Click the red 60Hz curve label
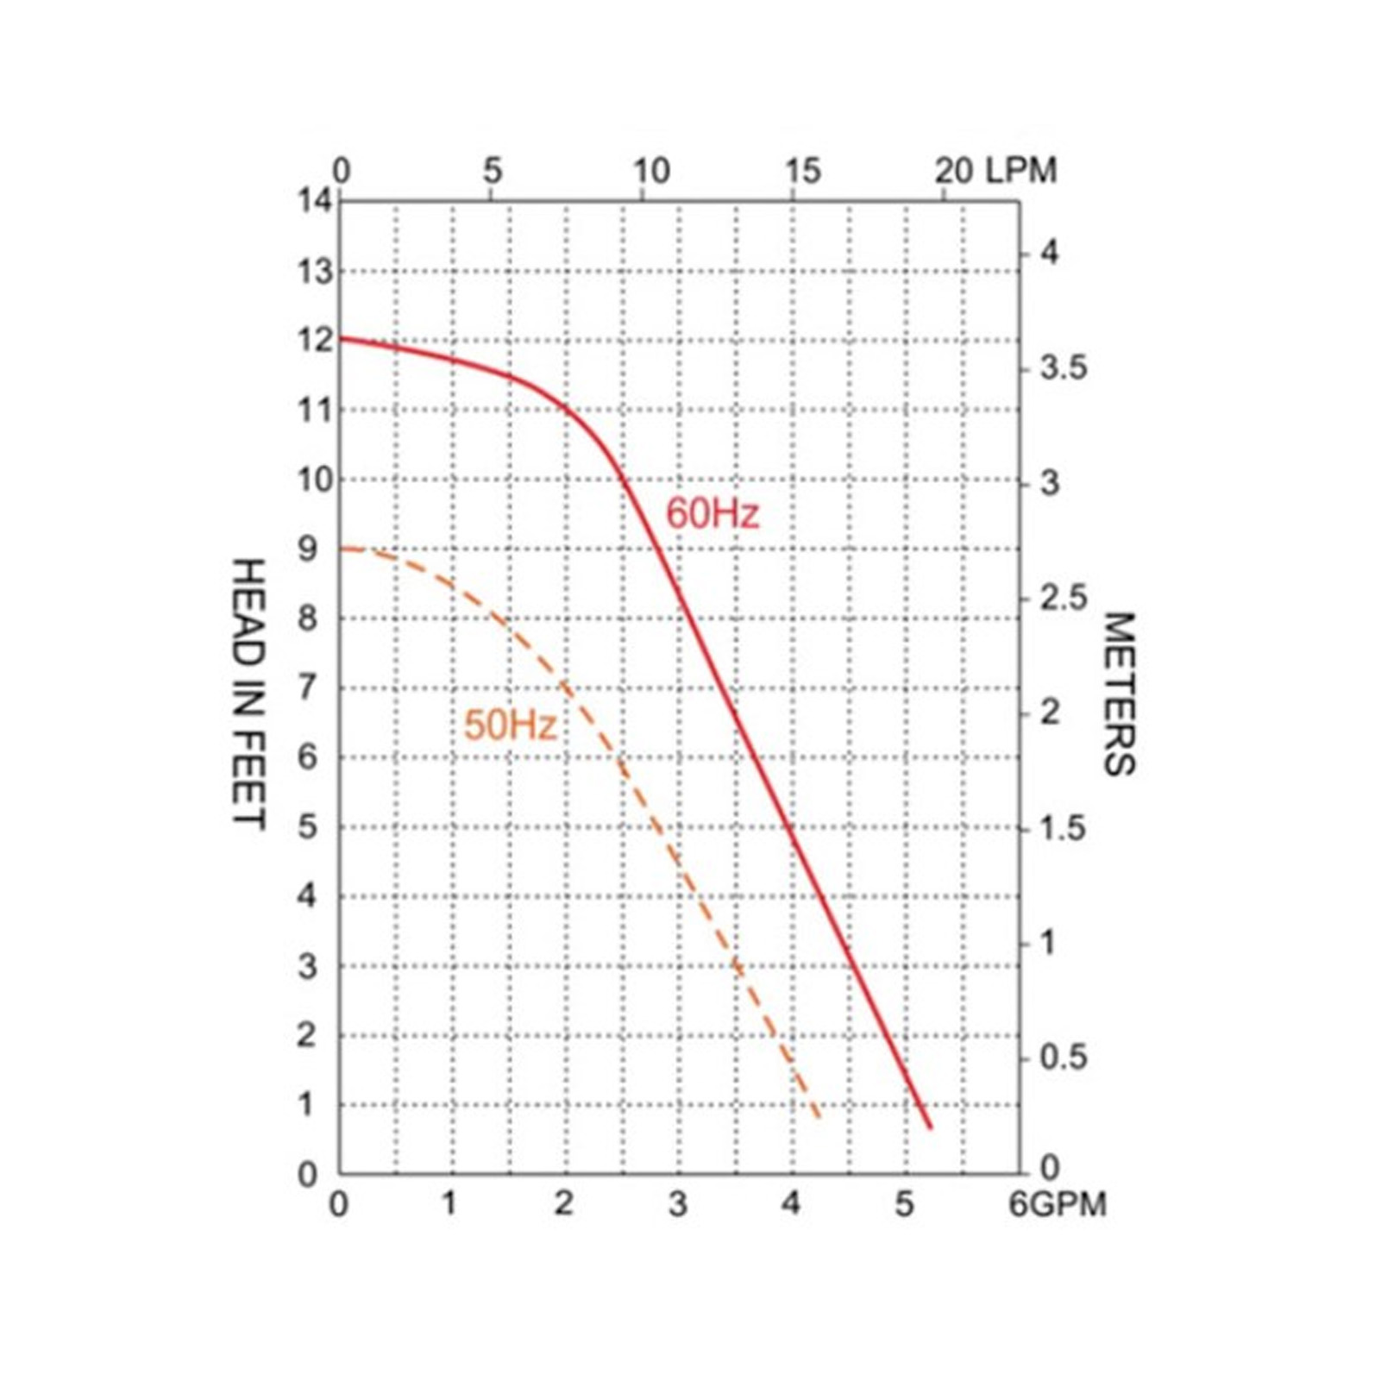click(712, 514)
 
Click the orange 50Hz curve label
click(510, 725)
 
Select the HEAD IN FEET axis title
click(248, 694)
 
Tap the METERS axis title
click(1120, 694)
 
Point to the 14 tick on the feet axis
click(315, 201)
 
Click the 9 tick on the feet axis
click(308, 549)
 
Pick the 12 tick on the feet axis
click(315, 340)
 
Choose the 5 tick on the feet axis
click(308, 826)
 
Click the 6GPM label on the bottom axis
click(1058, 1204)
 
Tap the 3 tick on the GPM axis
click(678, 1204)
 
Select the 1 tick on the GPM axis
click(449, 1204)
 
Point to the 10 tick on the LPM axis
click(651, 171)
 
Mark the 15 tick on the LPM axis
click(802, 171)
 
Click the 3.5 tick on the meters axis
click(1063, 368)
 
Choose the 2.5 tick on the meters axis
click(1063, 599)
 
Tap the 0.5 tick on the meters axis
click(1063, 1058)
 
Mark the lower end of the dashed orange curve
click(819, 1119)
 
